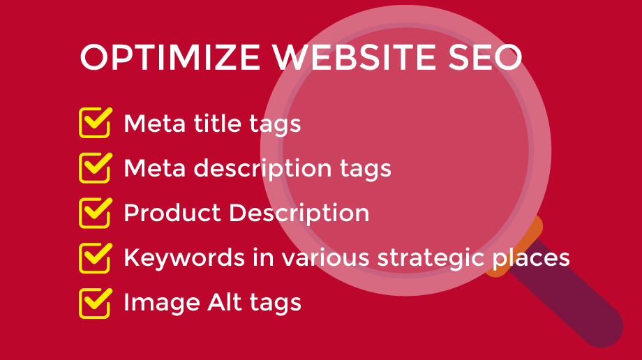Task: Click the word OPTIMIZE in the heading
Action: [x=170, y=57]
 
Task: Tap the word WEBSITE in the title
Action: [x=354, y=57]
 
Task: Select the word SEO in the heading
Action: [x=485, y=57]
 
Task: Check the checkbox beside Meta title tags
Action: [x=96, y=123]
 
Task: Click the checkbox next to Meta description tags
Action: [x=96, y=167]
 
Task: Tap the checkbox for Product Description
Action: [x=96, y=213]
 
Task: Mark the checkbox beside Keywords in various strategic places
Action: [x=96, y=257]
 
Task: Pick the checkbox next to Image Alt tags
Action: [x=96, y=303]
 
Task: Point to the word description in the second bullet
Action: [x=262, y=168]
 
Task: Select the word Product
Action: [x=172, y=213]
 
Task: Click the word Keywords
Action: [x=185, y=257]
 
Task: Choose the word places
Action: [x=531, y=258]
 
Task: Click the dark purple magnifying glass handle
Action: [x=573, y=296]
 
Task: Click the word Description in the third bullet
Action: [x=299, y=213]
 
